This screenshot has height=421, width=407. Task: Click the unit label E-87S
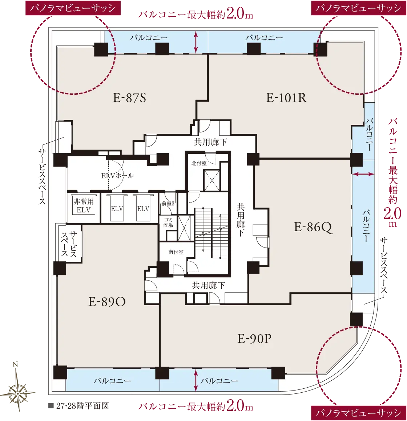pyautogui.click(x=130, y=98)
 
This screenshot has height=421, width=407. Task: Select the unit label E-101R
pyautogui.click(x=286, y=98)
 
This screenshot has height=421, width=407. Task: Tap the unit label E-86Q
pyautogui.click(x=313, y=227)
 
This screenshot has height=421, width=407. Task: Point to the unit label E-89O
pyautogui.click(x=107, y=302)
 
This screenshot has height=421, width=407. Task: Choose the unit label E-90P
pyautogui.click(x=254, y=339)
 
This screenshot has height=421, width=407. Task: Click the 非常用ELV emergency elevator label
pyautogui.click(x=84, y=206)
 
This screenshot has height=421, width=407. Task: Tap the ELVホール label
pyautogui.click(x=117, y=176)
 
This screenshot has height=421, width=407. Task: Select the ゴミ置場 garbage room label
pyautogui.click(x=168, y=222)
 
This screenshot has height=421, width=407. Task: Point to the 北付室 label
pyautogui.click(x=199, y=163)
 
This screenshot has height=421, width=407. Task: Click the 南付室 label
pyautogui.click(x=176, y=252)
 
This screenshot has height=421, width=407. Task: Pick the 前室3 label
pyautogui.click(x=168, y=204)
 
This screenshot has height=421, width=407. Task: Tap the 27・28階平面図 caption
pyautogui.click(x=79, y=406)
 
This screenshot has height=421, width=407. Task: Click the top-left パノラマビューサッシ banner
pyautogui.click(x=73, y=8)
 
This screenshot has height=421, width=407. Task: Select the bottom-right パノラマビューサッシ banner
pyautogui.click(x=359, y=413)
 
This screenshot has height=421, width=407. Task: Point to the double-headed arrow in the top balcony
pyautogui.click(x=196, y=42)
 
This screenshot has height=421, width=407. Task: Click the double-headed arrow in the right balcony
pyautogui.click(x=363, y=174)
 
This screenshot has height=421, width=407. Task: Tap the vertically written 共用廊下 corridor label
pyautogui.click(x=241, y=220)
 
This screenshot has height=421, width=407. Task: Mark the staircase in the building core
pyautogui.click(x=211, y=233)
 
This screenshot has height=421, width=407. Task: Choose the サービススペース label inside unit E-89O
pyautogui.click(x=69, y=244)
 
